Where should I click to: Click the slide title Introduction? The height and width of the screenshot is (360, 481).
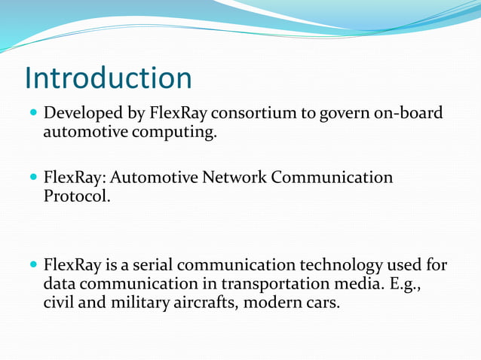[x=108, y=78]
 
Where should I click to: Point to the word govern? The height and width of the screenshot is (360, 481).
[x=347, y=115]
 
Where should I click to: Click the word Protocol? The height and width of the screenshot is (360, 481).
[x=76, y=196]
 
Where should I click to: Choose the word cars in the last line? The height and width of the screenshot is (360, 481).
[x=324, y=303]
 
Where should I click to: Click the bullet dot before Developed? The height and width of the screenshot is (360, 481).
[x=32, y=115]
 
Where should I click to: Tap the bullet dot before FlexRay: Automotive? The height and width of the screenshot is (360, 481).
[x=32, y=178]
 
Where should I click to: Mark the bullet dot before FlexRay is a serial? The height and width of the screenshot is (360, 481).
[x=32, y=266]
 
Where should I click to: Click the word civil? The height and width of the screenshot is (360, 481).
[x=58, y=303]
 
